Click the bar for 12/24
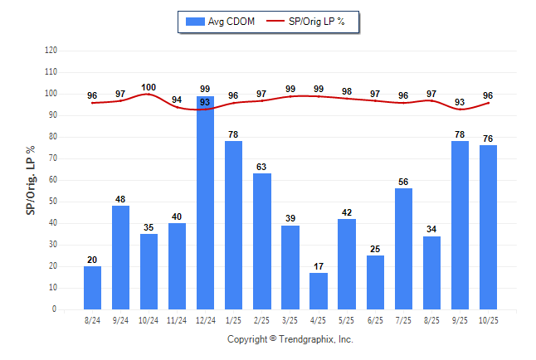pos(206,202)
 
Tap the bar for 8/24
pos(92,287)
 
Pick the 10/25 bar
pos(488,227)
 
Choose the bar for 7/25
pos(403,249)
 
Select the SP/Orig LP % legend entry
pos(313,22)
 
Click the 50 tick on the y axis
pos(53,202)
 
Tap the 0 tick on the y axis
pos(55,309)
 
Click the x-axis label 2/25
pos(262,320)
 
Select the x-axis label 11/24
pos(177,320)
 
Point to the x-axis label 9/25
pos(460,320)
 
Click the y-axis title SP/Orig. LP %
pos(31,178)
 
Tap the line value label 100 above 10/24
pos(149,87)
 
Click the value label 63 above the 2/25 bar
pos(262,167)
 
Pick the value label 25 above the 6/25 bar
pos(375,249)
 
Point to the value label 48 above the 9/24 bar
pos(120,199)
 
